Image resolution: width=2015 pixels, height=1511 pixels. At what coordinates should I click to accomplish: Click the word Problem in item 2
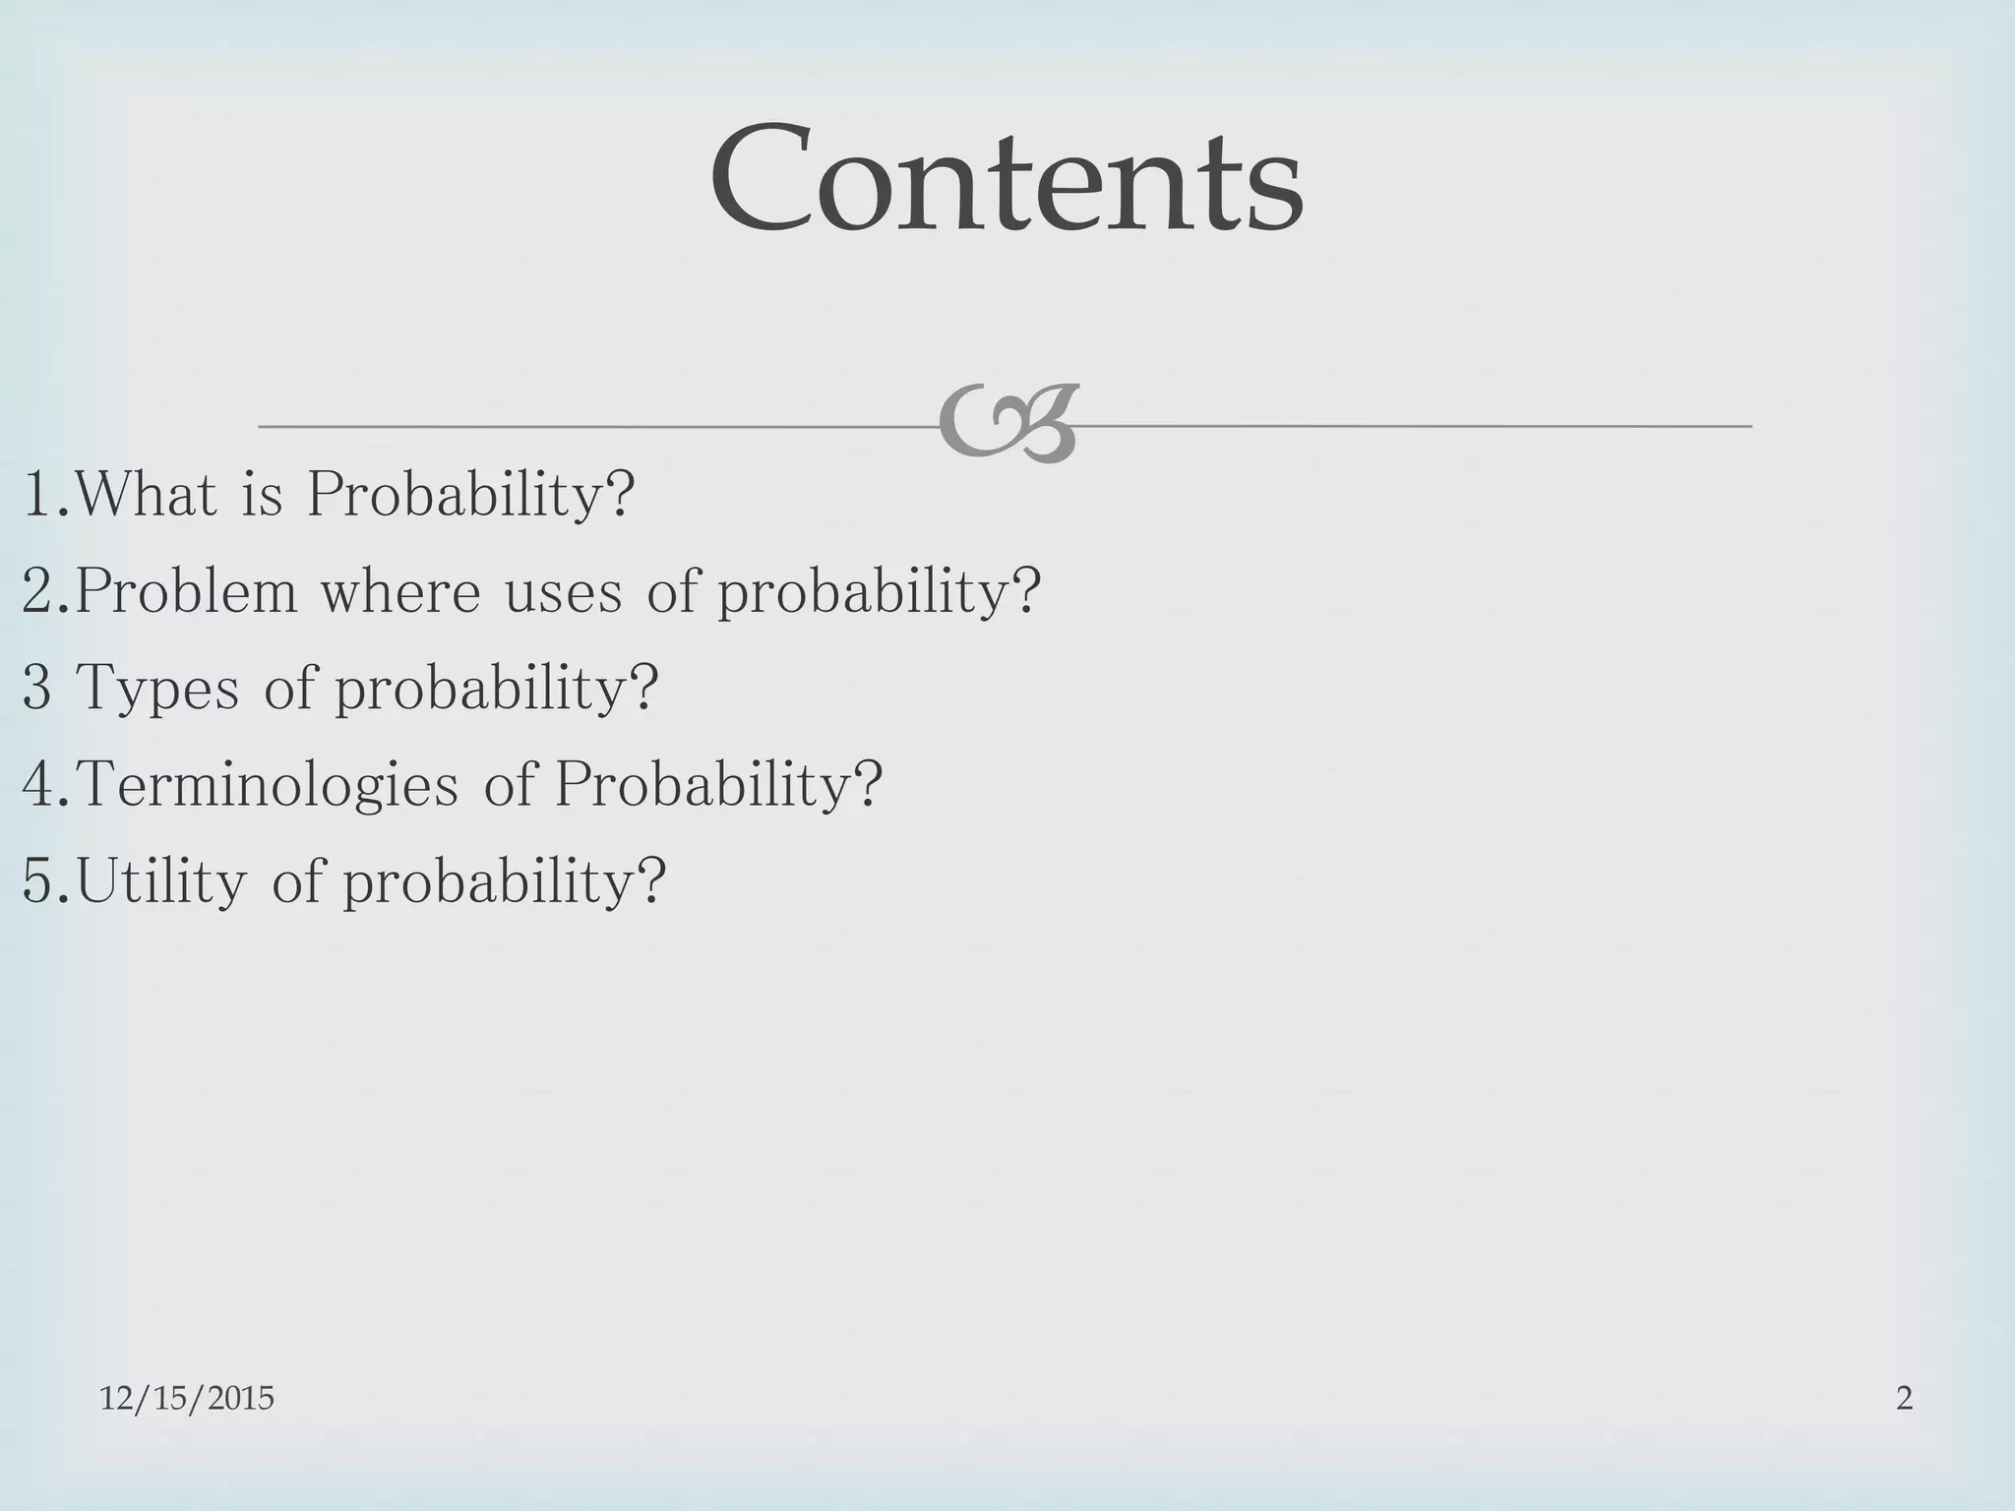(186, 591)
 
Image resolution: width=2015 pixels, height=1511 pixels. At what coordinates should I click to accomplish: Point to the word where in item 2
(400, 591)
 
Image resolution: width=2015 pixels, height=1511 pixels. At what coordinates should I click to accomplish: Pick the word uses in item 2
(564, 593)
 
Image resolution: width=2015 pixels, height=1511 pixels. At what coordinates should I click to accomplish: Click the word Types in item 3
(157, 689)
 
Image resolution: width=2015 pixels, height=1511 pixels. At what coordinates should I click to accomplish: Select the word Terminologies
(268, 786)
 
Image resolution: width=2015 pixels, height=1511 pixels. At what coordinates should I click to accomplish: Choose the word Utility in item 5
(161, 881)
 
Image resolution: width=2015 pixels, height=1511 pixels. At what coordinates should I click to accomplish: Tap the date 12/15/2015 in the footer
(187, 1398)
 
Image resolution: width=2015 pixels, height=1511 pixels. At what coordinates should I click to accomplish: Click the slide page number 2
(1904, 1398)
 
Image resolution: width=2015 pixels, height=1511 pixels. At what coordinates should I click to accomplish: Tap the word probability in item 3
(482, 689)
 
